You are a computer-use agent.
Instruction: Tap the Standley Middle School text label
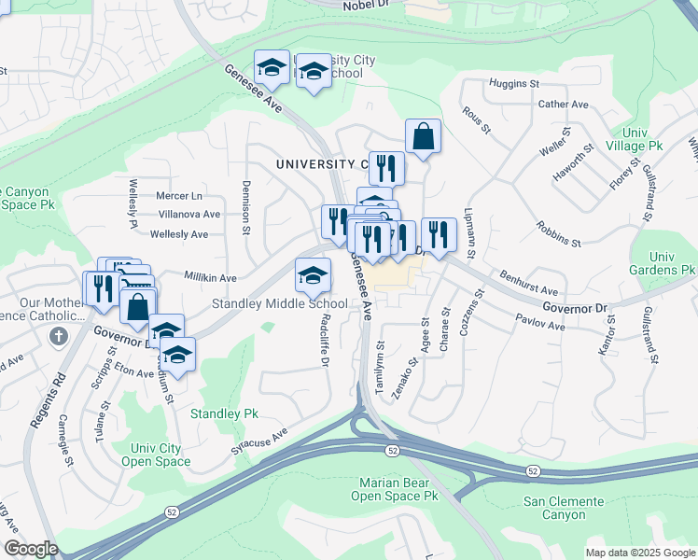(280, 303)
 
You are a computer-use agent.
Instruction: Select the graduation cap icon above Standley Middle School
(313, 274)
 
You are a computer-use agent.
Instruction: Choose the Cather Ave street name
(564, 105)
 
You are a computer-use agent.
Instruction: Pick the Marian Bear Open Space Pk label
(394, 489)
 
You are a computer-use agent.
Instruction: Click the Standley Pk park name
(224, 413)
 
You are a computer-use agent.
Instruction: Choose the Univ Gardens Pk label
(663, 263)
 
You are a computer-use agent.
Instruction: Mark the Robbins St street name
(558, 234)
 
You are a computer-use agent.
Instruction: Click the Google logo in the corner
(30, 549)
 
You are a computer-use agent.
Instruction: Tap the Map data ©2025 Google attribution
(639, 553)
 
